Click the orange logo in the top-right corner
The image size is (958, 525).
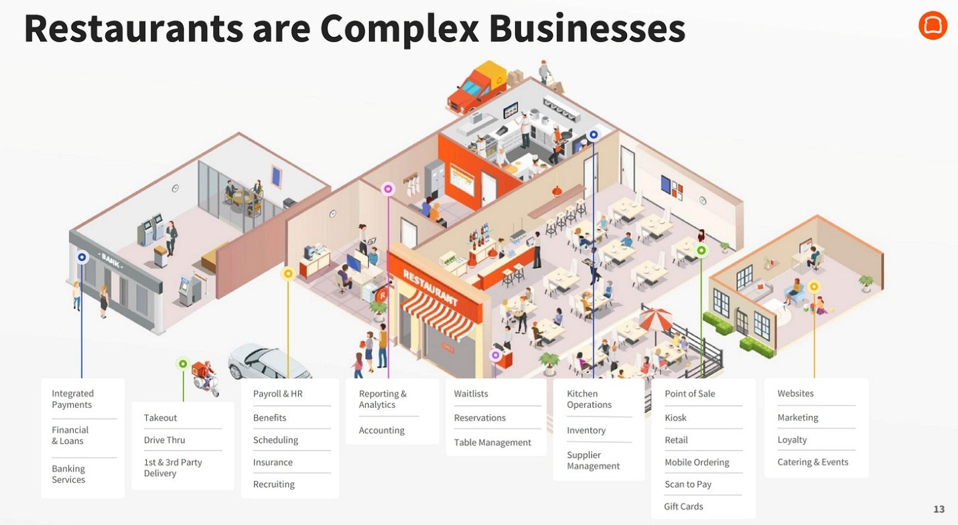pyautogui.click(x=933, y=25)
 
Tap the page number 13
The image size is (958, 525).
pyautogui.click(x=939, y=510)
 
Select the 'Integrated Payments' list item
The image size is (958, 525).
pyautogui.click(x=72, y=399)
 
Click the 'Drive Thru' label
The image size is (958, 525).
pyautogui.click(x=164, y=440)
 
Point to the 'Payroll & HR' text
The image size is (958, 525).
pyautogui.click(x=277, y=394)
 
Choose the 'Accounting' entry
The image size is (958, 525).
pyautogui.click(x=381, y=431)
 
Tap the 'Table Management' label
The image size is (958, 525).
pyautogui.click(x=492, y=443)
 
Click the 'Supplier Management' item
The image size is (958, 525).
pyautogui.click(x=593, y=461)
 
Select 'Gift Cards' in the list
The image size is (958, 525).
pyautogui.click(x=683, y=506)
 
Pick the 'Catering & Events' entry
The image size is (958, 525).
pyautogui.click(x=813, y=462)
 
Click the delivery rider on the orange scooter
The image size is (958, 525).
pyautogui.click(x=205, y=377)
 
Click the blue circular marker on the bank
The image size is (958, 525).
pyautogui.click(x=82, y=256)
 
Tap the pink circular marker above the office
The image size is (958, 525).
pyautogui.click(x=388, y=189)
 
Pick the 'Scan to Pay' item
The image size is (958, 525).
pyautogui.click(x=688, y=484)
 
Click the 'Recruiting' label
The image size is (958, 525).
pyautogui.click(x=273, y=484)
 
